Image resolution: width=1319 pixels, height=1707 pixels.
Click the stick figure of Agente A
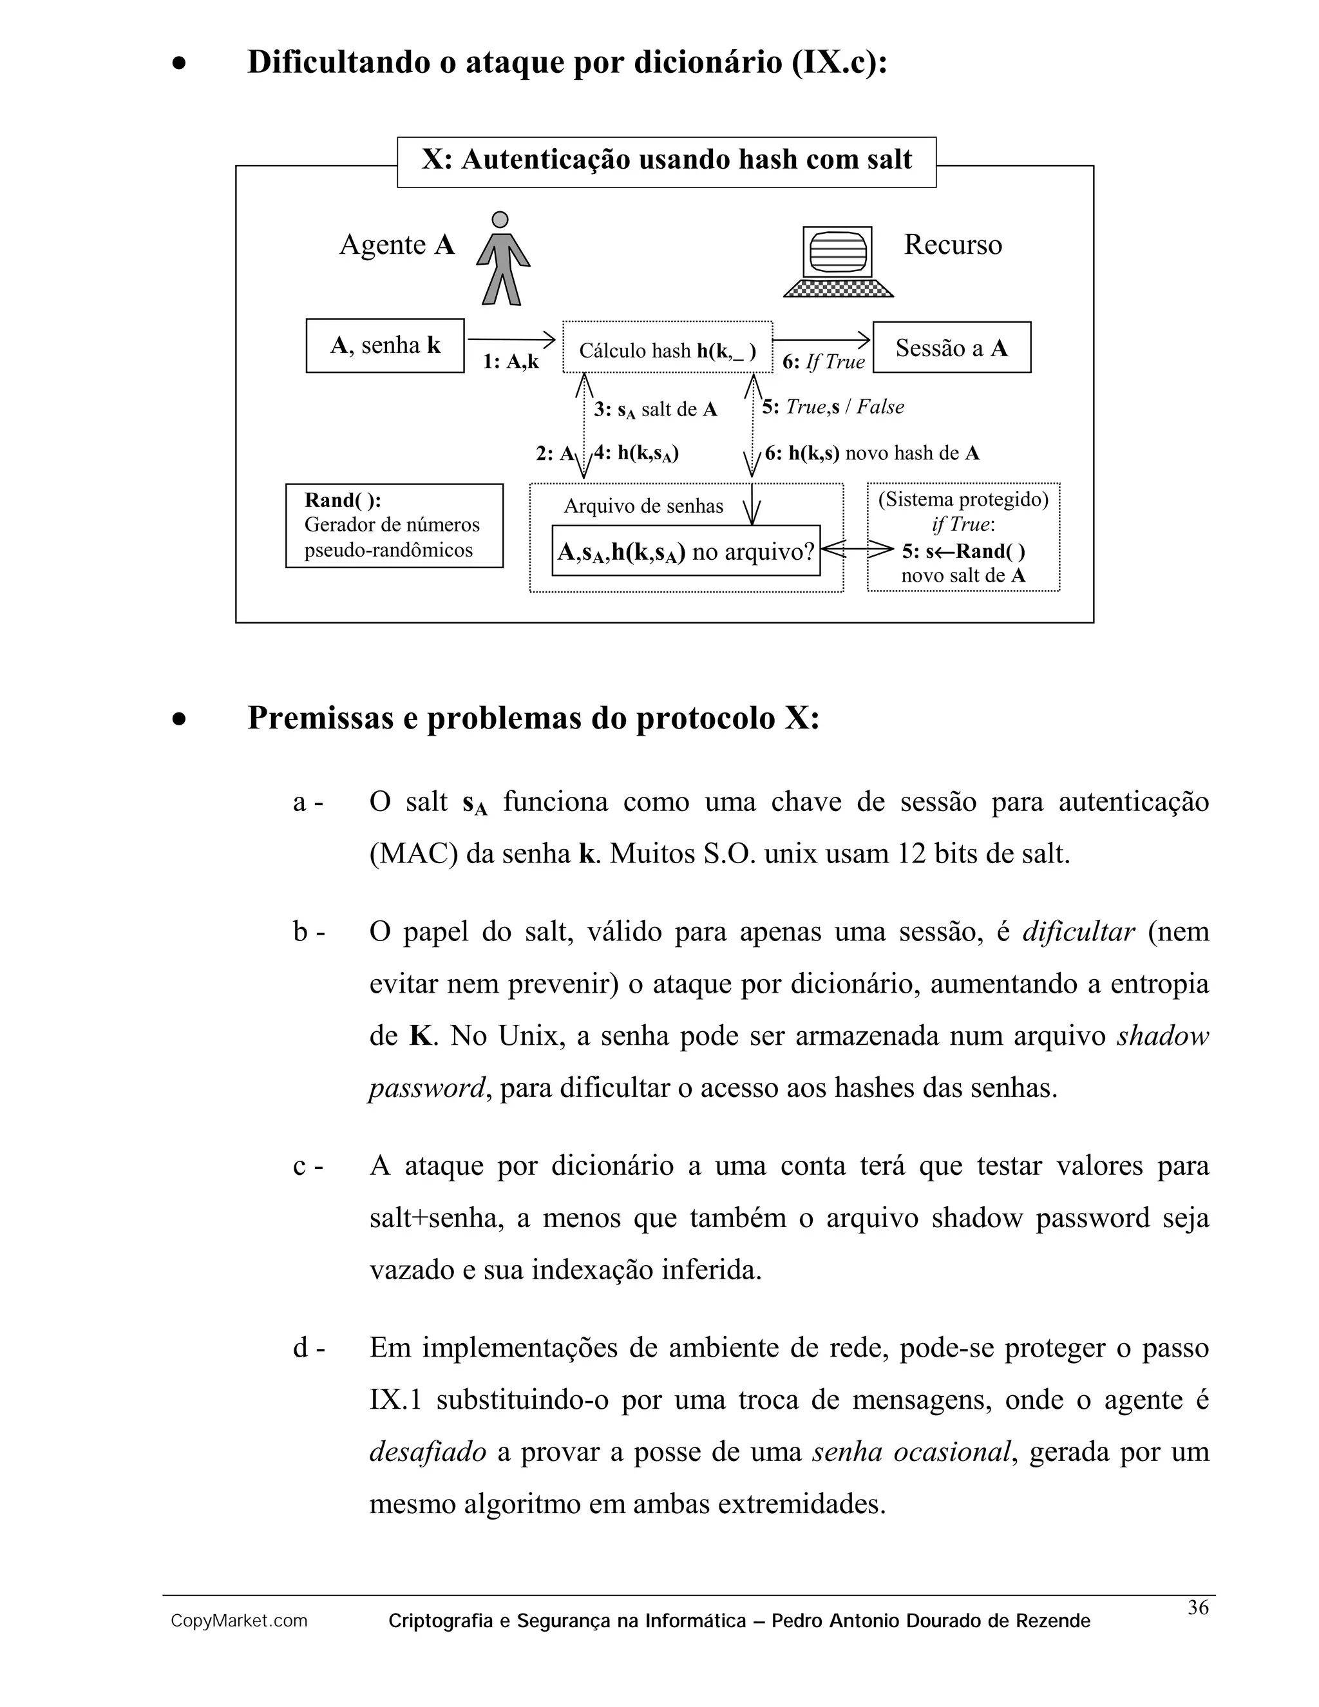click(502, 259)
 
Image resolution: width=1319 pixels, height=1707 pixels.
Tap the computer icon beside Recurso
click(838, 261)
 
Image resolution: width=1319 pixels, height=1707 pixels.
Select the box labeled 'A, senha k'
click(385, 345)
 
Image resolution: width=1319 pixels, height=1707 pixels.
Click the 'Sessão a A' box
click(951, 347)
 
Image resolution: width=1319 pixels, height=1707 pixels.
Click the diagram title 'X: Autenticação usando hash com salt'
click(667, 160)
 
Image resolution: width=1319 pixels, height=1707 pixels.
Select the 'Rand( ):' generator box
click(394, 525)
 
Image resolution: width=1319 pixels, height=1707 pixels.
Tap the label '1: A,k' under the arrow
click(510, 361)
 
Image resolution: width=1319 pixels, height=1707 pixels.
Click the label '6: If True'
click(824, 361)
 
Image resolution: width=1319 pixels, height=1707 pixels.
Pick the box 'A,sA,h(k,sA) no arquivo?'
click(685, 552)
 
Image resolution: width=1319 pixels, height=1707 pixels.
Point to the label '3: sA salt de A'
click(655, 410)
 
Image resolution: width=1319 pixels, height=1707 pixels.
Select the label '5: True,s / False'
click(833, 407)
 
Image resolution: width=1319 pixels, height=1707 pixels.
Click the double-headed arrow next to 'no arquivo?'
click(857, 550)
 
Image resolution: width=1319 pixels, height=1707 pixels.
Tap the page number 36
click(1198, 1607)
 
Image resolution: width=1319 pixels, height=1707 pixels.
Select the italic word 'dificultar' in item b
click(1077, 931)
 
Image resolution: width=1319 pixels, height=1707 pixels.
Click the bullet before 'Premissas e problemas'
click(180, 719)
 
